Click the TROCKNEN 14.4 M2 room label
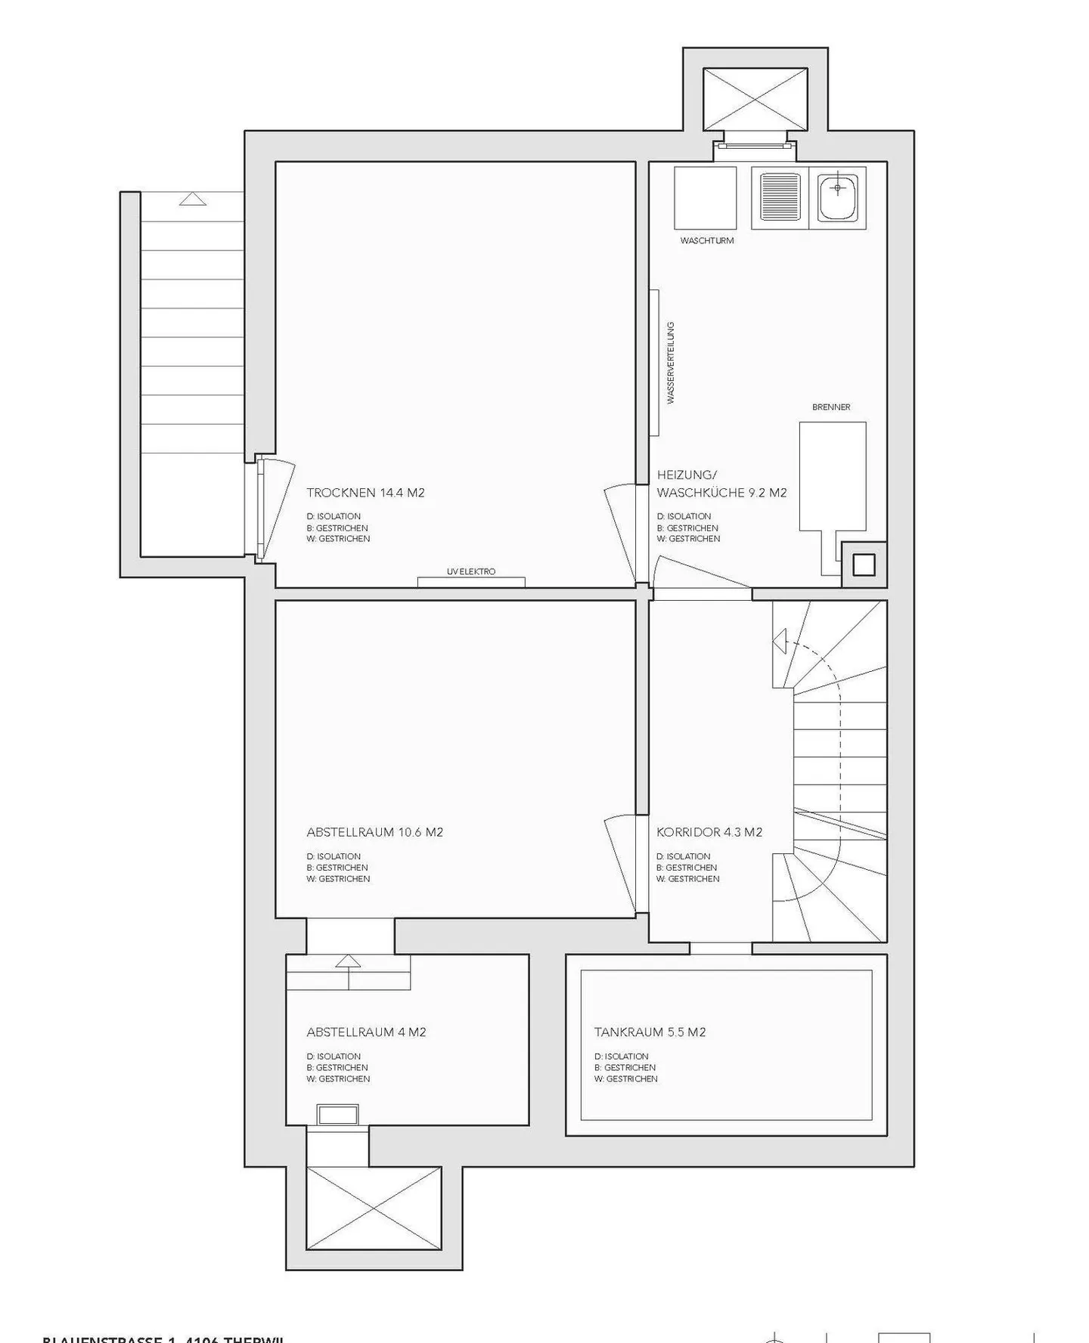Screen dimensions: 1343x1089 [365, 493]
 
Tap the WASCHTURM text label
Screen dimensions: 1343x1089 [706, 241]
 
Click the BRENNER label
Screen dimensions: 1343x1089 [831, 407]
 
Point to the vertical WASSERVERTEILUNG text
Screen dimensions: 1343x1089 [670, 364]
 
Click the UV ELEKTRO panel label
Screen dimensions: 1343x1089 [471, 572]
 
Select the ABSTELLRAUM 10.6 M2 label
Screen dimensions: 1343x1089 [374, 832]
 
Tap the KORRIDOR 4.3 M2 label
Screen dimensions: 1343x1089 [709, 832]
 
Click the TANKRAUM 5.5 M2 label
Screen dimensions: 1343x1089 [650, 1032]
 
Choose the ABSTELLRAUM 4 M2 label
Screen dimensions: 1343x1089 [366, 1032]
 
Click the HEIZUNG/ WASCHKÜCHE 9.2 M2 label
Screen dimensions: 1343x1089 [721, 484]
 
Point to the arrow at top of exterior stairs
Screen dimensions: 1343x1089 [193, 199]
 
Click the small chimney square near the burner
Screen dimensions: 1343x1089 [864, 565]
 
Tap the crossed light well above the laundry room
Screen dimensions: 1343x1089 [755, 99]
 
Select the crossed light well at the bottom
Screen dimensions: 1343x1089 [374, 1208]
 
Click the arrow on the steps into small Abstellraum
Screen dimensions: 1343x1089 [348, 961]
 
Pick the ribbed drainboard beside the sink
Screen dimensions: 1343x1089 [780, 197]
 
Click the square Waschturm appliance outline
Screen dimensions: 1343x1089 [705, 198]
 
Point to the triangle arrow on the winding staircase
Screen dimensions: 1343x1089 [780, 641]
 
